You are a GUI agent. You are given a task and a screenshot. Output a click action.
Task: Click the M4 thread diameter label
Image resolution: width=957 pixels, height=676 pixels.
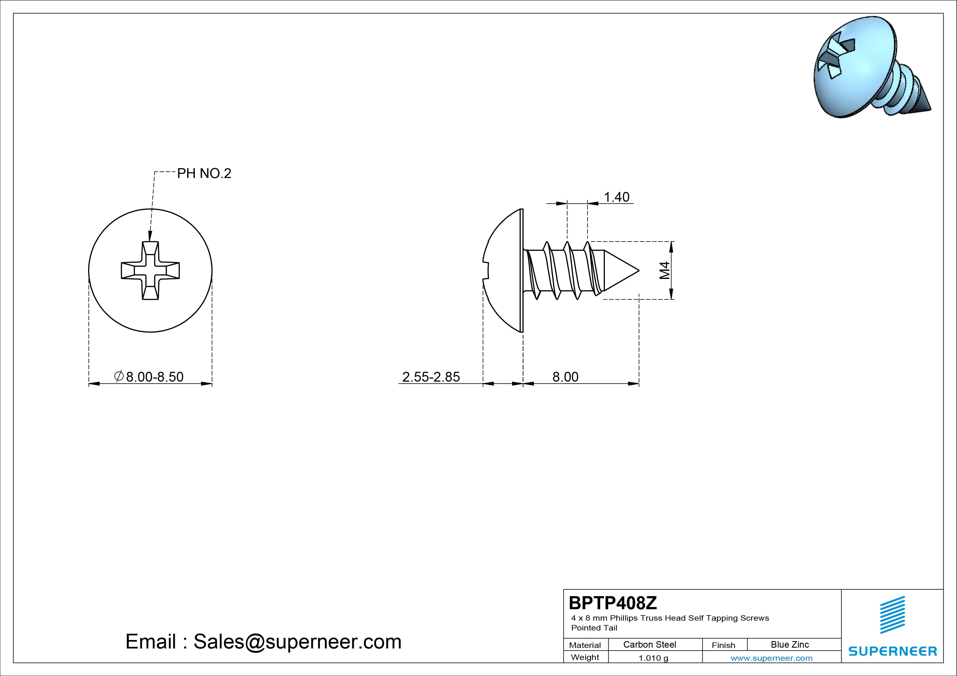click(x=665, y=270)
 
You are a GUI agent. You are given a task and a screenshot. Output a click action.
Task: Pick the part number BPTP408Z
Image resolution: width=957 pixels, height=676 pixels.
click(x=613, y=603)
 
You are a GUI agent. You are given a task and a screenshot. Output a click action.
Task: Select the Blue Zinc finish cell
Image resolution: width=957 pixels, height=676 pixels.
click(x=790, y=644)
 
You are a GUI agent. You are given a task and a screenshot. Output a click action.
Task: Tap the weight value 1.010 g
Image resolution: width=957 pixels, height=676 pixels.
click(x=653, y=658)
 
